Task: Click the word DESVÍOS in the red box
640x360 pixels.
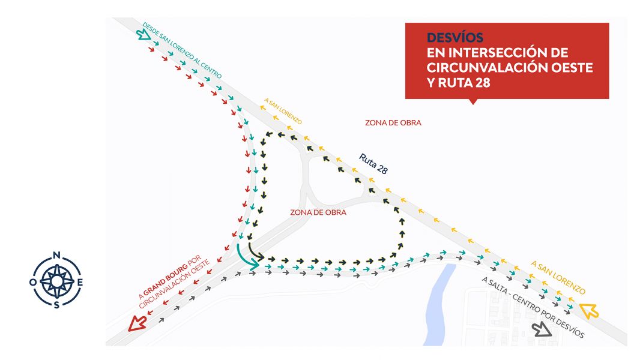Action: tap(454, 38)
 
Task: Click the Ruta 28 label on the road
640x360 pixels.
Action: tap(373, 163)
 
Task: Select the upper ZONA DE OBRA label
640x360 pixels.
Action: tap(393, 123)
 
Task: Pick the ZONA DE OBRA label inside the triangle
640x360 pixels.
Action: tap(318, 212)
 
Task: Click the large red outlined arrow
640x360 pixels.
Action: tap(137, 323)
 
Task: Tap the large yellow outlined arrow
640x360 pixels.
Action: tap(588, 311)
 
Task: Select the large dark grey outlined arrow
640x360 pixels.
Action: tap(542, 329)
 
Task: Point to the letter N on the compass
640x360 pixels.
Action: tap(56, 255)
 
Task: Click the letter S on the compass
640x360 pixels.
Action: tap(56, 305)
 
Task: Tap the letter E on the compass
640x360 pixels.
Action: tap(80, 282)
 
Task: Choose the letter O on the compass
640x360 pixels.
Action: tap(33, 282)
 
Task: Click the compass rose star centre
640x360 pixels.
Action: tap(56, 281)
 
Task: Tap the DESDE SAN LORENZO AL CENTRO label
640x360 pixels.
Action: tap(182, 50)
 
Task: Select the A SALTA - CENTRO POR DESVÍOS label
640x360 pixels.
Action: tap(533, 307)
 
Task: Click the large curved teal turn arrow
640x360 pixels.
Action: tap(246, 257)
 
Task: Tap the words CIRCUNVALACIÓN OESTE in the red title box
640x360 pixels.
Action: tap(510, 68)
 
